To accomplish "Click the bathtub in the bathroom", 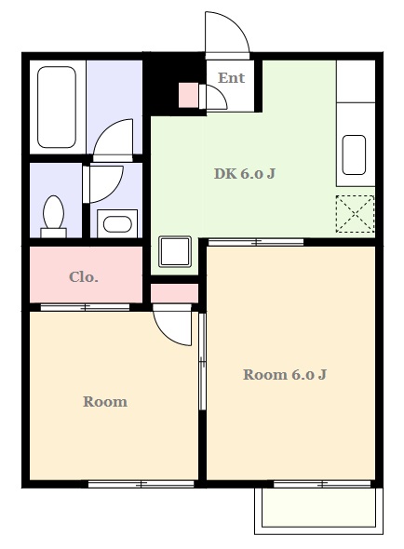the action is (x=57, y=107).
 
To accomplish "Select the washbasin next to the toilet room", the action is (x=117, y=224).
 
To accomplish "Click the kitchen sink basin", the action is (x=354, y=154).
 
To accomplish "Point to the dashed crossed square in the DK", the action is (x=355, y=214).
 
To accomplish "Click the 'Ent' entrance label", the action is (x=231, y=78).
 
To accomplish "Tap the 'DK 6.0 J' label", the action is (x=244, y=173).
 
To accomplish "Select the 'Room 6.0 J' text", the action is (x=285, y=375).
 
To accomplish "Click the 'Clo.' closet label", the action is (x=84, y=277).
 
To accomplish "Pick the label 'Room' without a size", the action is (x=105, y=402).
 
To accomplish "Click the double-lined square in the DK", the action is (x=175, y=252).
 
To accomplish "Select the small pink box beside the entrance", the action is (x=189, y=95).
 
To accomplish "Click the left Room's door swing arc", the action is (x=166, y=335).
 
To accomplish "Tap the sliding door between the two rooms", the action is (x=202, y=361).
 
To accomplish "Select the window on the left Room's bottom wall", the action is (x=141, y=484).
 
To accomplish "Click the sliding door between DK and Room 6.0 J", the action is (x=256, y=242).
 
